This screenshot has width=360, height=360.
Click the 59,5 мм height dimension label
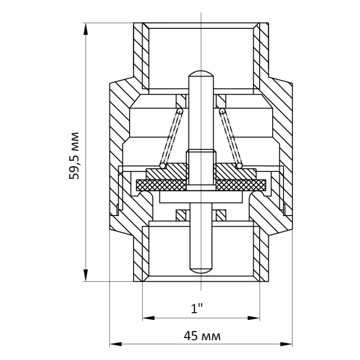(74, 156)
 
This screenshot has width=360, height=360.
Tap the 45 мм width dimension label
(202, 336)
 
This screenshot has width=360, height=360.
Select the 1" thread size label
(197, 309)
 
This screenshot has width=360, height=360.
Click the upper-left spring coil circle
(180, 111)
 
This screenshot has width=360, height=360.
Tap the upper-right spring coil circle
(222, 111)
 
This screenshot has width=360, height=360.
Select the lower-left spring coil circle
(162, 166)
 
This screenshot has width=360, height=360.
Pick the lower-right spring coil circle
(239, 166)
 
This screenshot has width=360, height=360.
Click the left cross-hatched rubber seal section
(161, 185)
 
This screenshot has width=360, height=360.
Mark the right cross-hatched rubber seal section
(241, 185)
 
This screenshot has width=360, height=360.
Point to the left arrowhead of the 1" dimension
(148, 318)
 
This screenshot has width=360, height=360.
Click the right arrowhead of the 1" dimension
(254, 318)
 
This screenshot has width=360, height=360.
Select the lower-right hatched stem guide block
(221, 215)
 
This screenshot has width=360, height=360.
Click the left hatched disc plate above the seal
(167, 172)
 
